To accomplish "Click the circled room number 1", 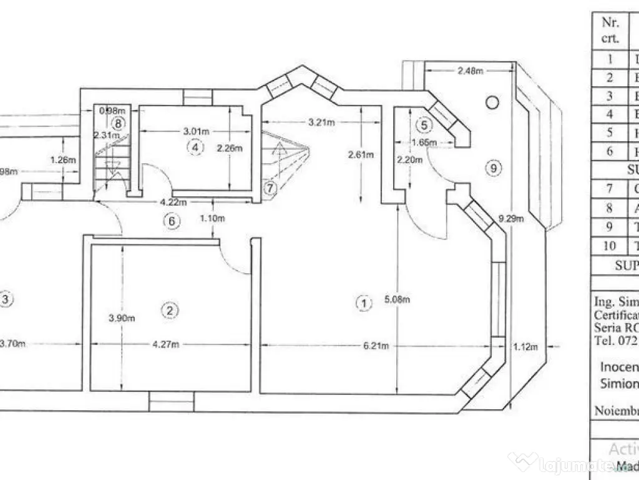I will pos(363,303).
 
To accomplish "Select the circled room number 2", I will pos(168,309).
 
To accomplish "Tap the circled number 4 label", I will pos(195,147).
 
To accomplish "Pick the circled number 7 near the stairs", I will pos(269,187).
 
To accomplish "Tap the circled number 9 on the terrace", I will pos(493,167).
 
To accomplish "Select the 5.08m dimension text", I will pos(398,299).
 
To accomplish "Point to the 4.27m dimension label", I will pos(166,344).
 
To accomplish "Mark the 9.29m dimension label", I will pos(511,219).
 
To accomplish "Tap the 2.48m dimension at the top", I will pos(470,71).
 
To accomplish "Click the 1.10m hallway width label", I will pos(215,219).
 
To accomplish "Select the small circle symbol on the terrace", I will pos(492,101).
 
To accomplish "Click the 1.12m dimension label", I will pos(524,346).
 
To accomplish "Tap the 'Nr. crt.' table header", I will pos(610,30).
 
